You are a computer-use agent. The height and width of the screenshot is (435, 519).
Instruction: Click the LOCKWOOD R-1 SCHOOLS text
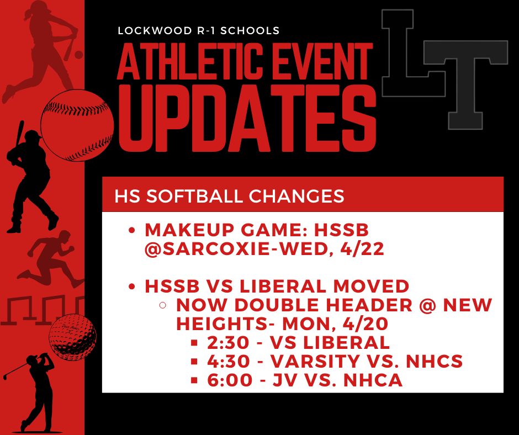199,30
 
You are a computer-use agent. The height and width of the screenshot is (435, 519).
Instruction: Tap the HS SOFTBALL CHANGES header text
229,197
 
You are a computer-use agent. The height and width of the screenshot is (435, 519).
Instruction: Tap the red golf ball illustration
72,337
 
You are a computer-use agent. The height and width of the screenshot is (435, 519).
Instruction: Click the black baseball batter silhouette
30,177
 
